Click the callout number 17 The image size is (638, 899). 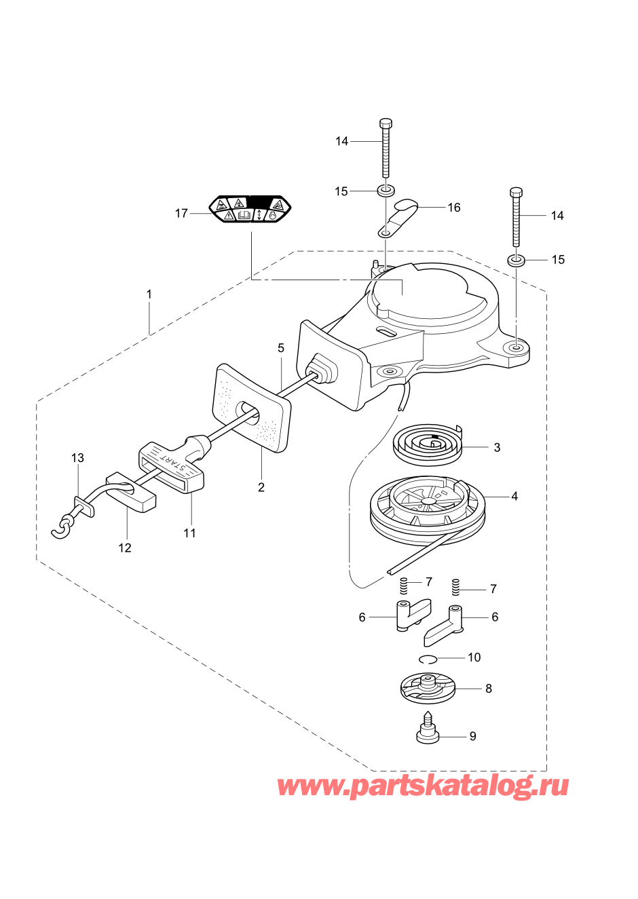click(181, 214)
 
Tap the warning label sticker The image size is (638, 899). click(250, 209)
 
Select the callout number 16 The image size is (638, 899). click(454, 208)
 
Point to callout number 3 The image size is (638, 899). click(497, 448)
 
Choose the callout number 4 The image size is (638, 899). click(514, 497)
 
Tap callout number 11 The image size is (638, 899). click(189, 533)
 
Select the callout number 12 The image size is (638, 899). click(125, 548)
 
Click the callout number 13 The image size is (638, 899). click(77, 458)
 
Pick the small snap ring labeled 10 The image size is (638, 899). click(428, 659)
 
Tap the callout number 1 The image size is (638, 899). click(149, 294)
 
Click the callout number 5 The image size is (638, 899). click(281, 348)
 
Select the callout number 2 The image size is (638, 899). click(261, 488)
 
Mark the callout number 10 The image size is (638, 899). click(474, 657)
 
